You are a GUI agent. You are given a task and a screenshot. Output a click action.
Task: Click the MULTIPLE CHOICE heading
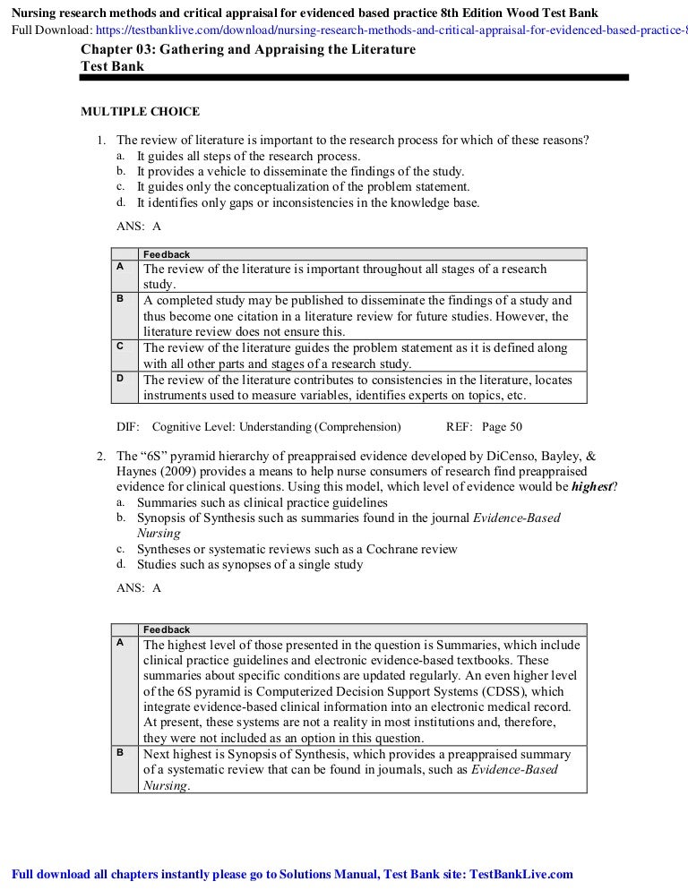pos(141,112)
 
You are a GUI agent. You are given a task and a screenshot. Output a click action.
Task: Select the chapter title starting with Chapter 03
pos(248,50)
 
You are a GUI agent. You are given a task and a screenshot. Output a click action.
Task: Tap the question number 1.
pos(101,141)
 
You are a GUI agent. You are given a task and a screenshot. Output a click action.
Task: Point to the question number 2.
pos(101,457)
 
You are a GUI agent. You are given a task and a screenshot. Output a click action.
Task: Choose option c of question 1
pos(303,187)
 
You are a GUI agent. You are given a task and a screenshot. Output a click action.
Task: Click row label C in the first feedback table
pos(120,346)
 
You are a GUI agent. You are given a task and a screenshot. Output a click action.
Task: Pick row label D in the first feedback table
pos(120,378)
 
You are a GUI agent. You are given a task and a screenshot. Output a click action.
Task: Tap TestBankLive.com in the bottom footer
pos(521,875)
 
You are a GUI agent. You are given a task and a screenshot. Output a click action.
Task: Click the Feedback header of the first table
pos(167,254)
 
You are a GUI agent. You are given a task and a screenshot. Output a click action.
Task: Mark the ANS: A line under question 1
pos(139,227)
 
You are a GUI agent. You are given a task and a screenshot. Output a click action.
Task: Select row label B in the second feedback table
pos(120,753)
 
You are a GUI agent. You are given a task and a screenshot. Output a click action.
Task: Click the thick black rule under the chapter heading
pos(354,78)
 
